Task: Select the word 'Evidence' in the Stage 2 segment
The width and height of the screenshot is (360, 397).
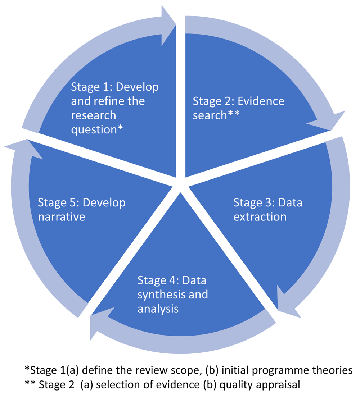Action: click(x=261, y=101)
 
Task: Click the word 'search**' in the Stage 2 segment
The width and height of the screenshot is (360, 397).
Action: click(x=216, y=115)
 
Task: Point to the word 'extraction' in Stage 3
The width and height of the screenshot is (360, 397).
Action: click(x=260, y=217)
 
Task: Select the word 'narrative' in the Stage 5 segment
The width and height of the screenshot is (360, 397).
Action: click(x=61, y=217)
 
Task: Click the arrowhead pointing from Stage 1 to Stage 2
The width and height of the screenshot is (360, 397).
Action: click(x=168, y=25)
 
